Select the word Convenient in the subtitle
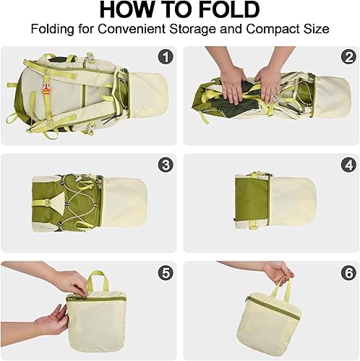tap(141, 30)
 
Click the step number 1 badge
tap(166, 57)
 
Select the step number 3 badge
tap(166, 165)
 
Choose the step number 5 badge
tap(166, 273)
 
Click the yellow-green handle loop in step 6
tap(284, 292)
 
